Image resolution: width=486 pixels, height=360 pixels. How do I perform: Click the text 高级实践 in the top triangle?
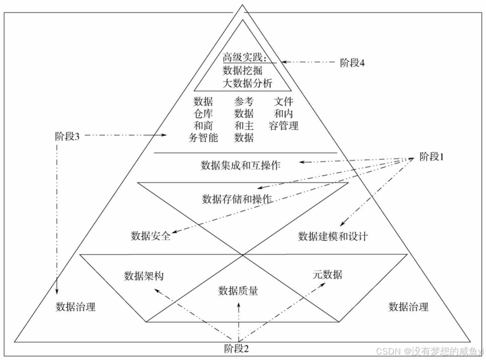[245, 58]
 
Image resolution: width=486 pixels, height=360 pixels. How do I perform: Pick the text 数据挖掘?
[242, 70]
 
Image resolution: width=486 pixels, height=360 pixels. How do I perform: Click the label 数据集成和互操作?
[240, 165]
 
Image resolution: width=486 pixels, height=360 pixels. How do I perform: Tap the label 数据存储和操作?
[237, 199]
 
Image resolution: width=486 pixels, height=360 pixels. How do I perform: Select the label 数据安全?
[150, 236]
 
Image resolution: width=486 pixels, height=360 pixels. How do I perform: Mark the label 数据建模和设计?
[333, 236]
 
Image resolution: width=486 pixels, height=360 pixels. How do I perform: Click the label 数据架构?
[143, 276]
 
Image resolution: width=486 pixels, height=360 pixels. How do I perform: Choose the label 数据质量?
[238, 290]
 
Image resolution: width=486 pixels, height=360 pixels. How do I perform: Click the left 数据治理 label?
[75, 306]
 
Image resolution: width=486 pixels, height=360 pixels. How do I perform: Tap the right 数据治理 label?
[408, 306]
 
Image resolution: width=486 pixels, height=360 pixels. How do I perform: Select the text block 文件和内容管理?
[283, 113]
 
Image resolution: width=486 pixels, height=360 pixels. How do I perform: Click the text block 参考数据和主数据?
[243, 119]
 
